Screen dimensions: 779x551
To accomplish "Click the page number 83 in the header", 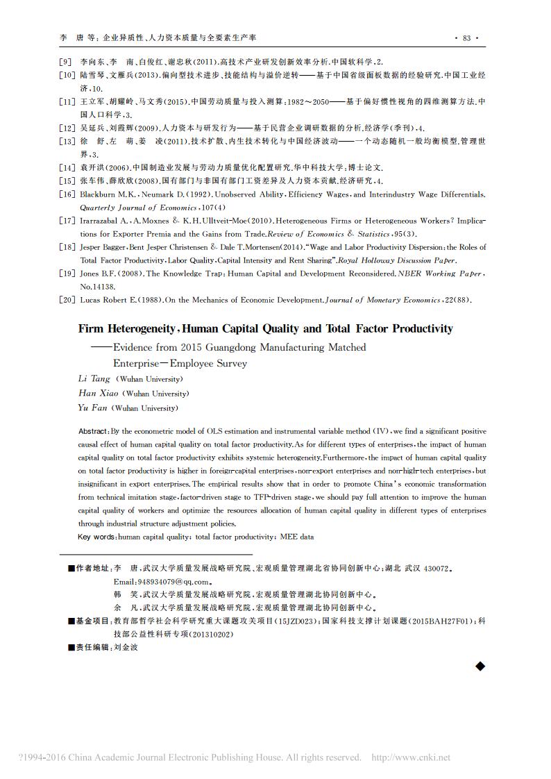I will [x=466, y=37].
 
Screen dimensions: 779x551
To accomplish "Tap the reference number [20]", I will [x=67, y=299].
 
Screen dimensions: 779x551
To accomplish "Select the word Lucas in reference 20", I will [x=92, y=299].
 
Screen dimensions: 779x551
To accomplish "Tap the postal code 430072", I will [x=432, y=568].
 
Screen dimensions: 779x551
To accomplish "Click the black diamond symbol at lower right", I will [x=480, y=667].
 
